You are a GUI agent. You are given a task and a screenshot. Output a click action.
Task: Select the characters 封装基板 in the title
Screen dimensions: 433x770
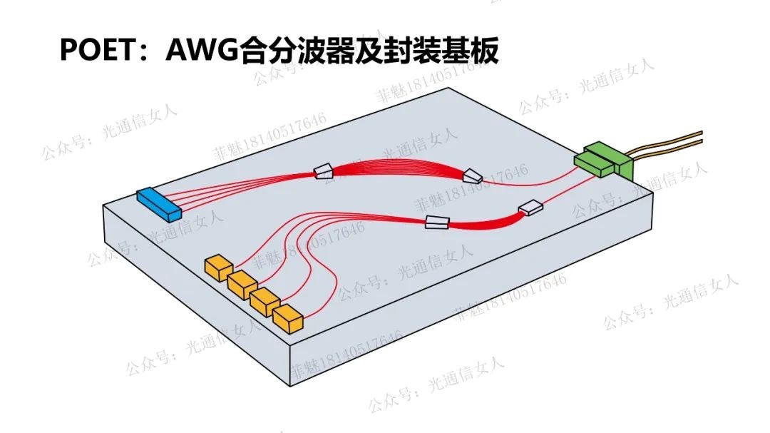click(435, 51)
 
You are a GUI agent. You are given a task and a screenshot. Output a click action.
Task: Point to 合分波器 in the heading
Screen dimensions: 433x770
click(293, 51)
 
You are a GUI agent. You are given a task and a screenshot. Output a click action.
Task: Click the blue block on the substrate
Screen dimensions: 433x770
click(160, 202)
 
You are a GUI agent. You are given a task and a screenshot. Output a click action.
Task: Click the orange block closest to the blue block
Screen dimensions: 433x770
click(218, 267)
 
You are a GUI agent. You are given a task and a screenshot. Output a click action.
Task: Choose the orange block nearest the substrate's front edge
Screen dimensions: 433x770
click(288, 318)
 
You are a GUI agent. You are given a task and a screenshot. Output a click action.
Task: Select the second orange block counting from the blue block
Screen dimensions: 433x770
click(242, 284)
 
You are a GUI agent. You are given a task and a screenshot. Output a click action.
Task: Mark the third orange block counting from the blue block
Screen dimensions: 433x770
click(265, 301)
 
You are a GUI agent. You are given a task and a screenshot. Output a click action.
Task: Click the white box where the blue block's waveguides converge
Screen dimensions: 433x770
click(323, 170)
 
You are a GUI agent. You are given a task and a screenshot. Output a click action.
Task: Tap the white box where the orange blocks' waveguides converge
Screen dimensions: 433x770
click(436, 221)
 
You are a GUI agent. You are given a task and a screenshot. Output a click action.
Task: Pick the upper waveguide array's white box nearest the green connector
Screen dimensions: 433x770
click(473, 175)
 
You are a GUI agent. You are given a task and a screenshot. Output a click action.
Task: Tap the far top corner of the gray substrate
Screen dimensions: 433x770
click(448, 88)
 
